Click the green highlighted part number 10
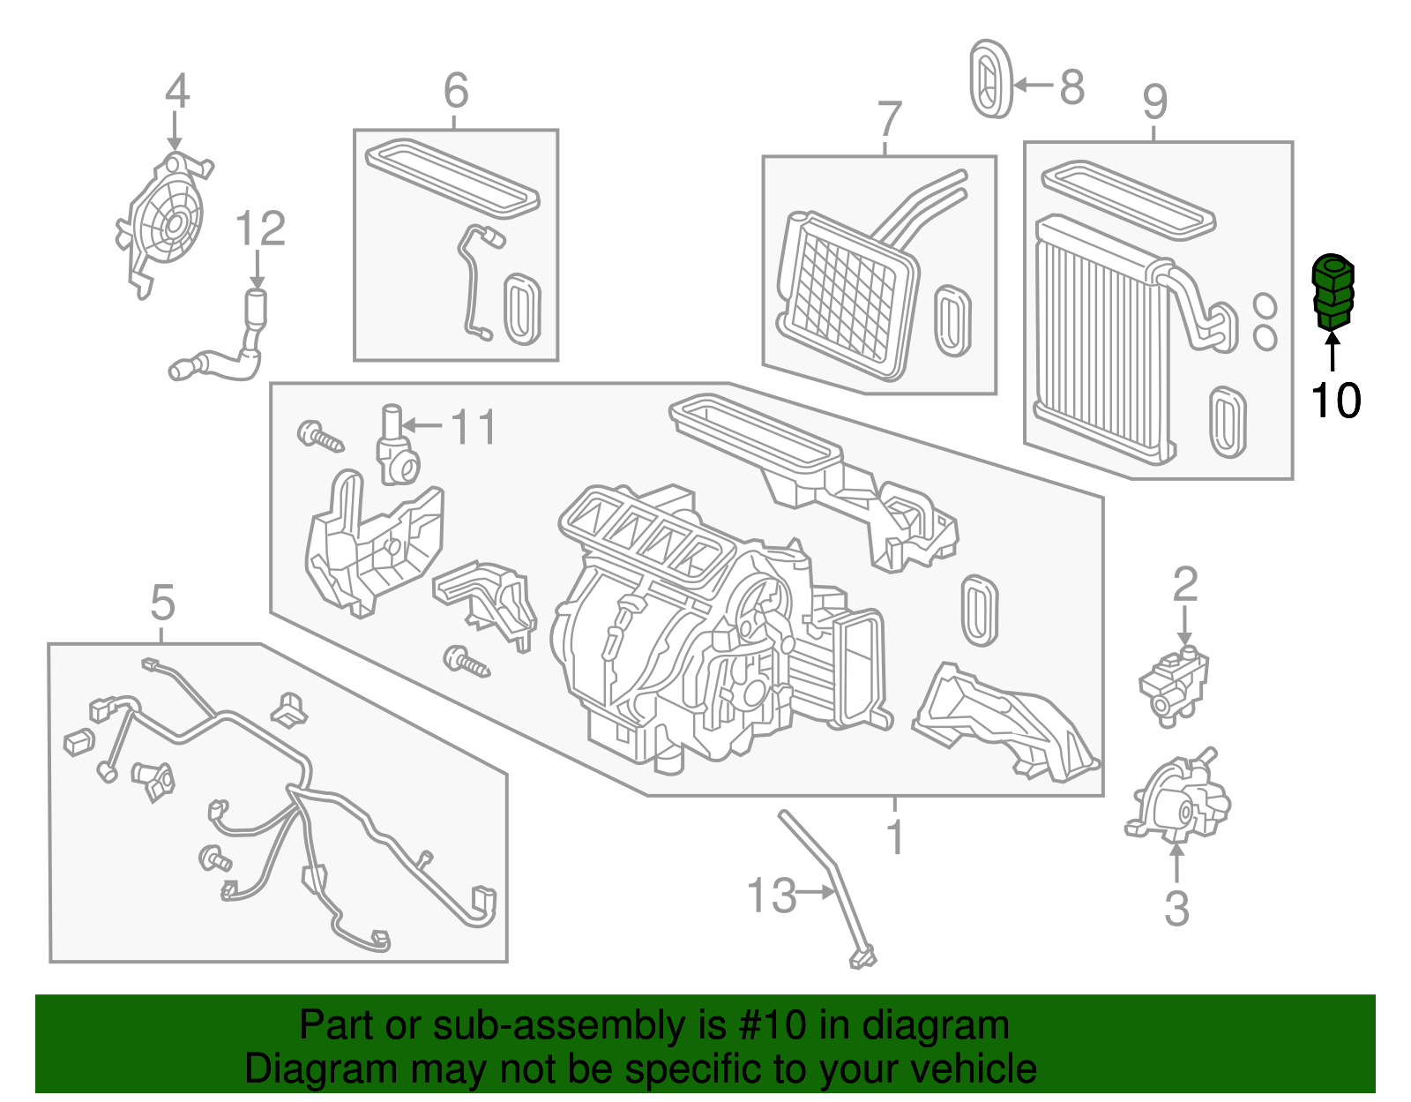point(1333,292)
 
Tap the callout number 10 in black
point(1335,401)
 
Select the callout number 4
point(176,91)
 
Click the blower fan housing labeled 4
point(166,221)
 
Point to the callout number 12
point(260,229)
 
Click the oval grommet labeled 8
point(990,79)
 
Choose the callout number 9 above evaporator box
point(1154,102)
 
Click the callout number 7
point(890,119)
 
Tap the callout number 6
point(455,90)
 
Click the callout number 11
point(474,427)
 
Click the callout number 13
point(771,896)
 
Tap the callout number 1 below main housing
point(895,836)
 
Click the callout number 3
point(1176,908)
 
